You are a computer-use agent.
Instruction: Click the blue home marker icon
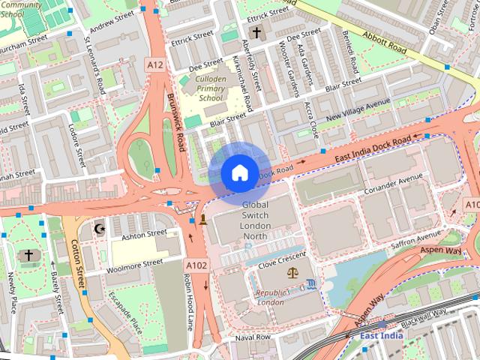click(239, 172)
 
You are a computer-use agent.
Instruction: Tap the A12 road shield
click(155, 65)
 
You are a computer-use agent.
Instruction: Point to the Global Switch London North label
click(255, 220)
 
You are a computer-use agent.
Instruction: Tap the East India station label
click(381, 335)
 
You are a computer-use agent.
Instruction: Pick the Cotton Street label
click(75, 256)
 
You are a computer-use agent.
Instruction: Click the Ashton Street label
click(144, 234)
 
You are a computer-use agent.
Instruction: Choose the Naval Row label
click(253, 337)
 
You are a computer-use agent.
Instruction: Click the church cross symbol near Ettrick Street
click(256, 32)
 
